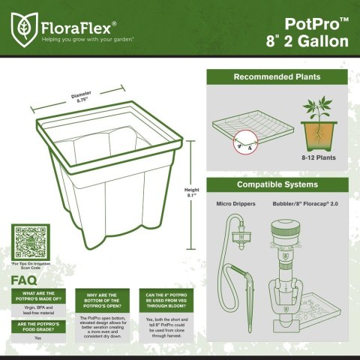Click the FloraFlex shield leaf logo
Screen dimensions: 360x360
[25, 28]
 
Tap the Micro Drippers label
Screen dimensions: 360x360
[239, 202]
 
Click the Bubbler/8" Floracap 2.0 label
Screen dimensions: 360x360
[308, 202]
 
